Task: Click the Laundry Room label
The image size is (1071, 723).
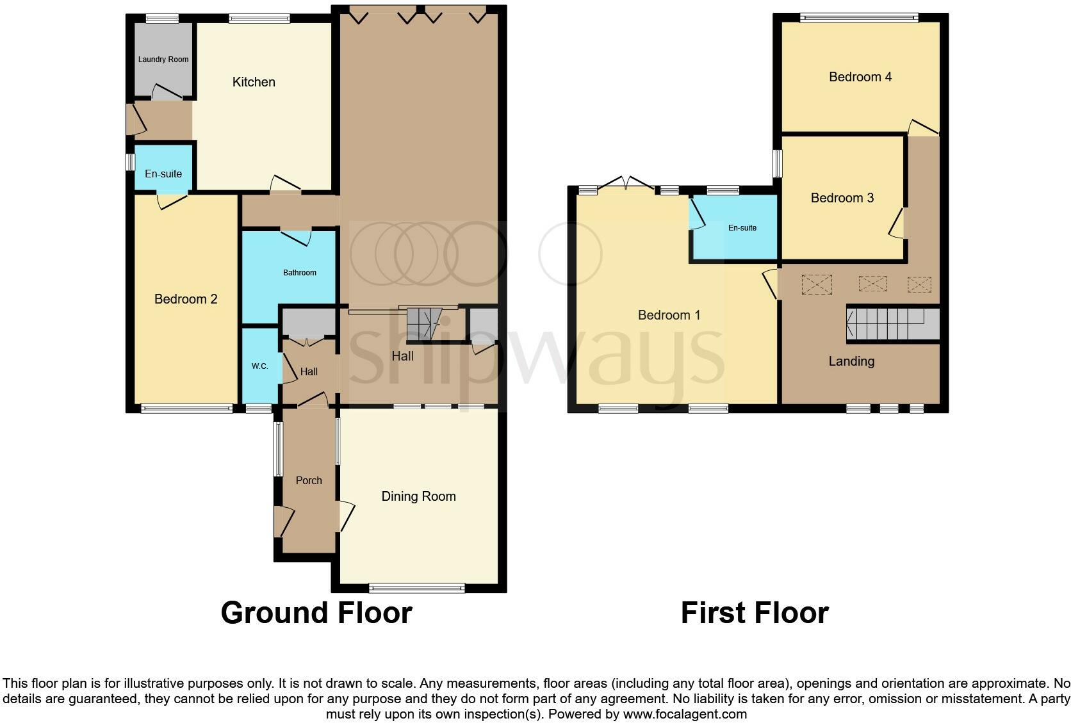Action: [163, 60]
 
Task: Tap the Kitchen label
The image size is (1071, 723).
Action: [254, 82]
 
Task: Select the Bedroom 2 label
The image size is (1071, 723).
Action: [186, 299]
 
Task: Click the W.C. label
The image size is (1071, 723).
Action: [259, 366]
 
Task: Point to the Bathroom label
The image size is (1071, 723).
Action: [299, 273]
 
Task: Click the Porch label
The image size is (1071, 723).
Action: [309, 480]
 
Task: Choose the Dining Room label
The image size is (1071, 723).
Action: [418, 496]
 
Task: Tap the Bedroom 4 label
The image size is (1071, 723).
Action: [860, 77]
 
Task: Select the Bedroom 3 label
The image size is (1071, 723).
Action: [842, 198]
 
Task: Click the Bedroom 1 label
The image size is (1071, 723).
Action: [669, 315]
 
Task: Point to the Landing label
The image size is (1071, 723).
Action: [851, 361]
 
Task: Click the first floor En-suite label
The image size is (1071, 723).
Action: [742, 228]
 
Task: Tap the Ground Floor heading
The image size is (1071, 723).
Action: [316, 613]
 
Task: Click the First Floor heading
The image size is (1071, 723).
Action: [754, 613]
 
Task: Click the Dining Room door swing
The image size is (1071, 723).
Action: [347, 516]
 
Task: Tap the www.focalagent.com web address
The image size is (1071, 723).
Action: [684, 713]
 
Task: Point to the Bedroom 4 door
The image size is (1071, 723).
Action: [922, 127]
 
